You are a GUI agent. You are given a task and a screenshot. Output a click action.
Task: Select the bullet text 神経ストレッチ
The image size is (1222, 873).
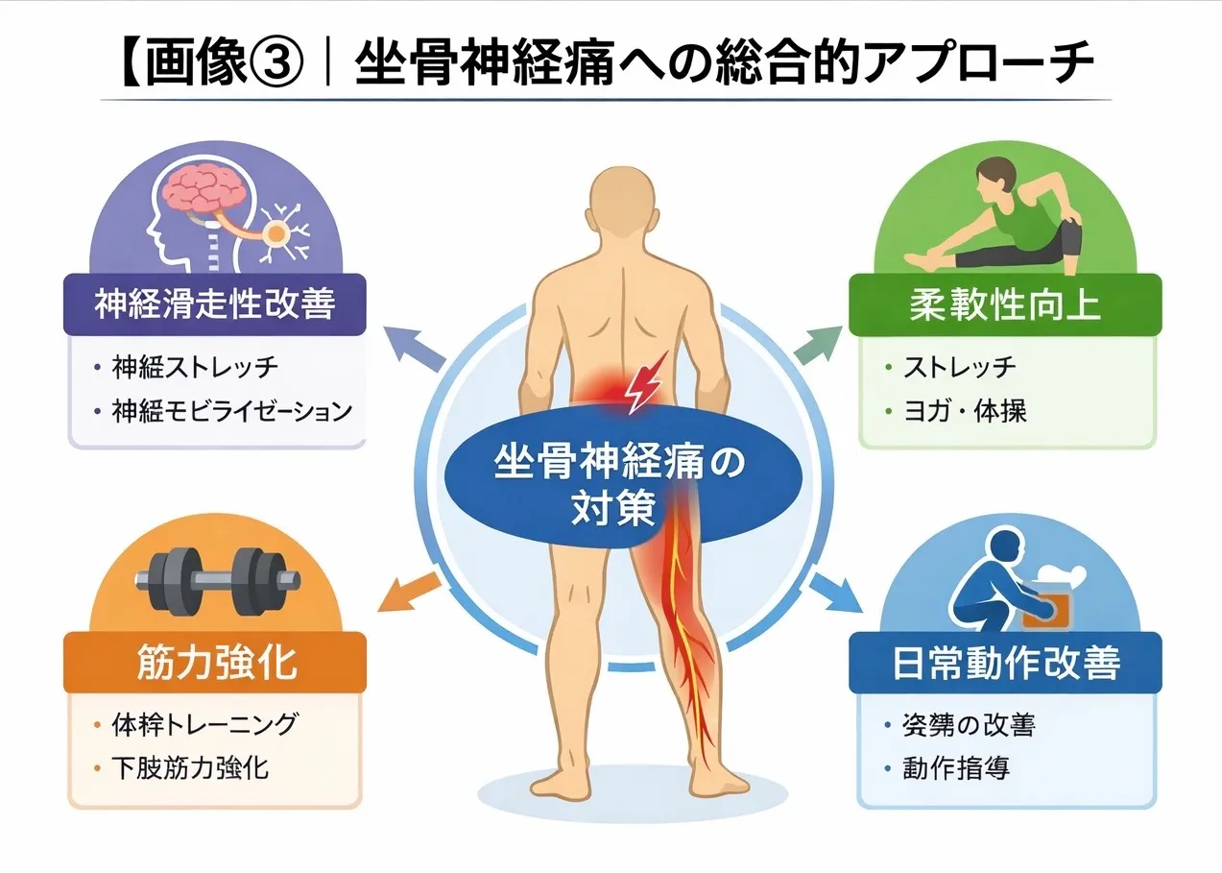click(195, 367)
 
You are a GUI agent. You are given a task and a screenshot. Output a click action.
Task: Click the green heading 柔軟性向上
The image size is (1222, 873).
click(1005, 304)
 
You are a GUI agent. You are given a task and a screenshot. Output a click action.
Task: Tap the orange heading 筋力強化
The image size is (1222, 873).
click(214, 663)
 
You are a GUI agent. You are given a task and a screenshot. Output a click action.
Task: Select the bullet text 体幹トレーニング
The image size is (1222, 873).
click(204, 724)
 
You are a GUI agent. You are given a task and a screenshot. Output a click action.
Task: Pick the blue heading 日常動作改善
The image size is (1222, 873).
click(1006, 664)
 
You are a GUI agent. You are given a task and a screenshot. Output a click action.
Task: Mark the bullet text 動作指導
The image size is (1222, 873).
click(956, 768)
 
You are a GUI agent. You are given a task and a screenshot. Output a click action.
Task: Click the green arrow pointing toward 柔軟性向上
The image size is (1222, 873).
click(815, 344)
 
